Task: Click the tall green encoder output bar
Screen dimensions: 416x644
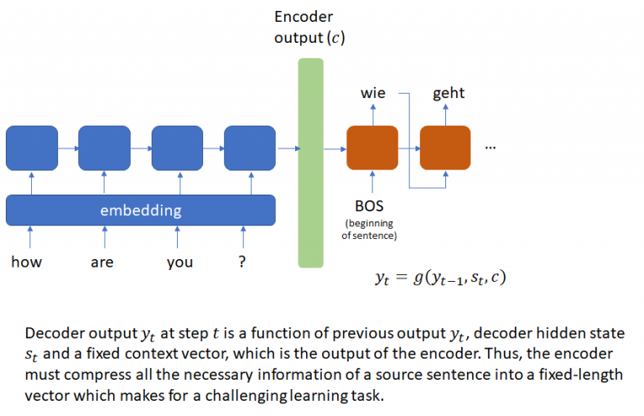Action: pos(310,163)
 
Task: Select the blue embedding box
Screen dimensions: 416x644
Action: pos(141,210)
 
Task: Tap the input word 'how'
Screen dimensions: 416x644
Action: pos(26,263)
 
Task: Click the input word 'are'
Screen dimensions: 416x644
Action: pos(102,263)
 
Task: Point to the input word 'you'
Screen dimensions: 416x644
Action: pos(179,263)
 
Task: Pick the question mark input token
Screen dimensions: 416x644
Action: pos(242,263)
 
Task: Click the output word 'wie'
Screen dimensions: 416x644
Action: pos(373,93)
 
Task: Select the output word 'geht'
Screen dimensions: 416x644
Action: pos(449,93)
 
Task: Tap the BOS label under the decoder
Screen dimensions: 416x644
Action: pos(370,205)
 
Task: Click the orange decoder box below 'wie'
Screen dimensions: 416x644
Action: pos(372,148)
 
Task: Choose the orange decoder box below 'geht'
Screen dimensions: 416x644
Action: pos(445,148)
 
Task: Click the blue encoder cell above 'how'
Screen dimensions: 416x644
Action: pos(31,148)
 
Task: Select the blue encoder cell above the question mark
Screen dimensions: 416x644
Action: pos(250,148)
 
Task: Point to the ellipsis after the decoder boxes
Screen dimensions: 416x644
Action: pos(491,145)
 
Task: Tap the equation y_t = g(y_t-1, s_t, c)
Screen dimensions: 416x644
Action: pos(439,278)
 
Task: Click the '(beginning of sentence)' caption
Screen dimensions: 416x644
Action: pos(369,229)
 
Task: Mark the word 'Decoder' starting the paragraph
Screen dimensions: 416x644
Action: pos(55,332)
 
